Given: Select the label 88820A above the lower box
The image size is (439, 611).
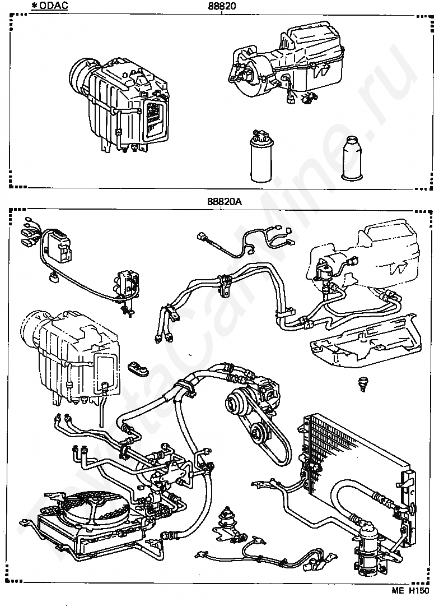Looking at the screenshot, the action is [x=224, y=202].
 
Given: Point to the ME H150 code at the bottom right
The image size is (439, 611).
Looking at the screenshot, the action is [x=410, y=601].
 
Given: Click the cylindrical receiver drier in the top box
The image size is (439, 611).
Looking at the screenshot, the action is [x=261, y=156].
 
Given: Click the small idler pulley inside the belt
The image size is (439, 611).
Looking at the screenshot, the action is [x=257, y=433].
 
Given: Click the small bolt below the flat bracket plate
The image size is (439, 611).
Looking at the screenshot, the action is [x=363, y=384].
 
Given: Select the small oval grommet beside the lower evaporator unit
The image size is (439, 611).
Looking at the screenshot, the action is [x=138, y=369].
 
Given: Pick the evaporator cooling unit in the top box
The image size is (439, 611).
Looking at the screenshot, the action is [x=120, y=105].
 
